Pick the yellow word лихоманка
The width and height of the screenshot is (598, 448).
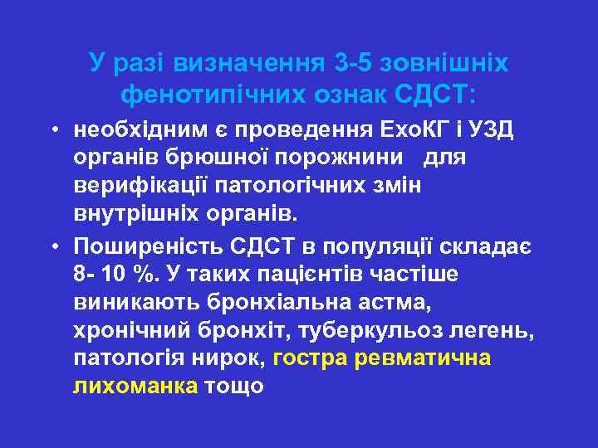(x=135, y=387)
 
